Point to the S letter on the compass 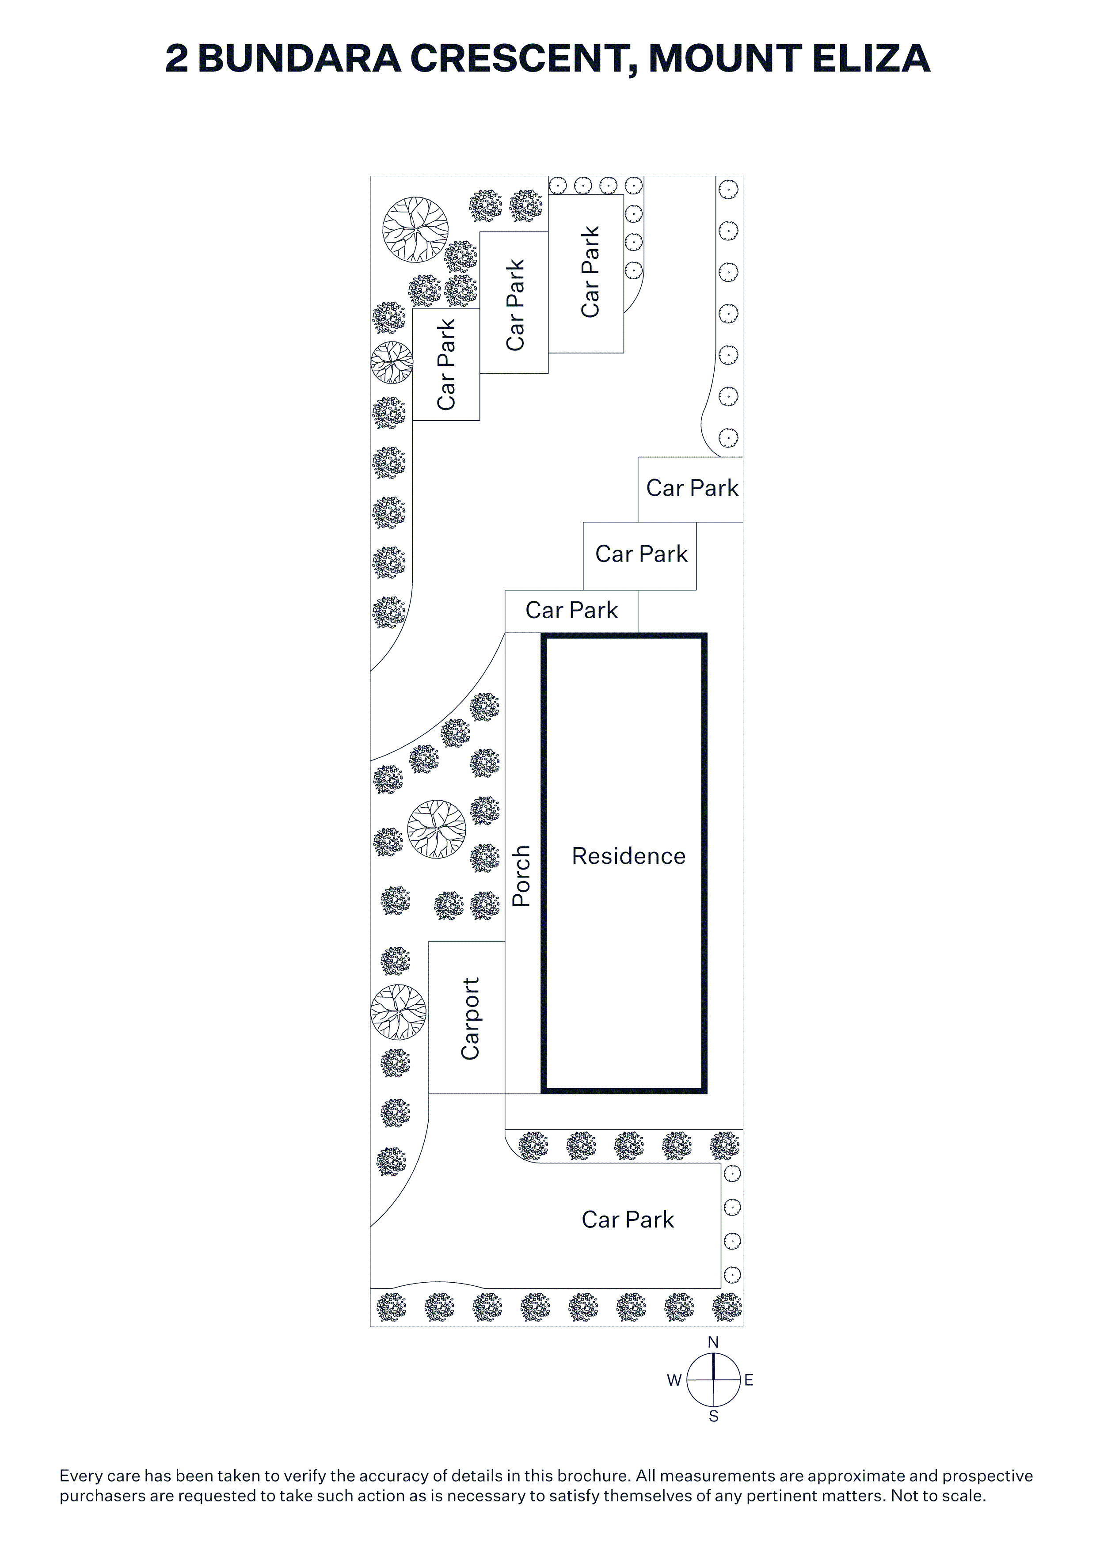714,1416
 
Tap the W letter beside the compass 674,1381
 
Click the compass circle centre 714,1380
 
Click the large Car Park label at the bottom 628,1219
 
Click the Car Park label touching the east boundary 692,488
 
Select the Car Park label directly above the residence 571,610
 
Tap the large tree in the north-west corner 415,229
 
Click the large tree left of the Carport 399,1012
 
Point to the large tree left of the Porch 437,829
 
